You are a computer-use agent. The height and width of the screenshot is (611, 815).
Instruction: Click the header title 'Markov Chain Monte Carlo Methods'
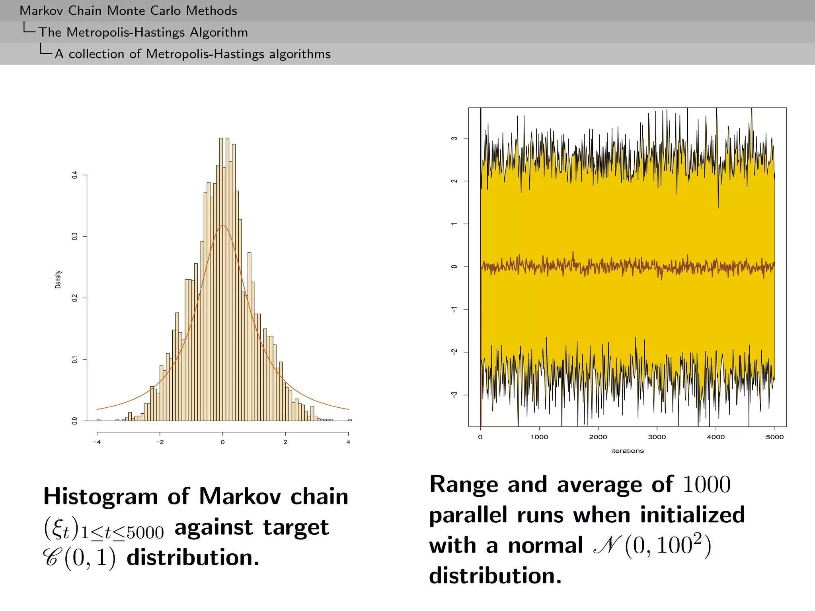(128, 11)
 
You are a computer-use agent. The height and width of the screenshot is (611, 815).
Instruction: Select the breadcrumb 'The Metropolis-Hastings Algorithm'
(143, 32)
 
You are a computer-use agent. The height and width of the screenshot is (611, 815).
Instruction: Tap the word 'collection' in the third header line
(96, 54)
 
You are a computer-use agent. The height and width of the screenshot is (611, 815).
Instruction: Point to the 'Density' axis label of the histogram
(58, 279)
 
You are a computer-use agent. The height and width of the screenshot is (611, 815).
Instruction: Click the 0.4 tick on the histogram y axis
(75, 175)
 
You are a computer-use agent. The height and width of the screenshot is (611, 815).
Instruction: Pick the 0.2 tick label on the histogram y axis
(75, 298)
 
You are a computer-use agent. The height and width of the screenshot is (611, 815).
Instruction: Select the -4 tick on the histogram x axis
(97, 442)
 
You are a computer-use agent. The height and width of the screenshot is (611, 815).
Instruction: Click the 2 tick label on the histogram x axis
(285, 442)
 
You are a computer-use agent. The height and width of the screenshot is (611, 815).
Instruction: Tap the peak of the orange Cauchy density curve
(223, 226)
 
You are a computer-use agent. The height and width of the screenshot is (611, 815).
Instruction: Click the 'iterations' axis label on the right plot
(627, 451)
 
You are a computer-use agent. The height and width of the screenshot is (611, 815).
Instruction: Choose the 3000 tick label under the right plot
(657, 437)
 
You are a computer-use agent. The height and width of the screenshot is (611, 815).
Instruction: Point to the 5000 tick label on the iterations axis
(774, 437)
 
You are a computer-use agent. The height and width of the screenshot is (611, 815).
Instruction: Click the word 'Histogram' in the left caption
(101, 497)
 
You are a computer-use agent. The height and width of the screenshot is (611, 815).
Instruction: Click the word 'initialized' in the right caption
(692, 515)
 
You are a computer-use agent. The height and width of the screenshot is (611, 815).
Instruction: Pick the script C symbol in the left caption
(52, 558)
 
